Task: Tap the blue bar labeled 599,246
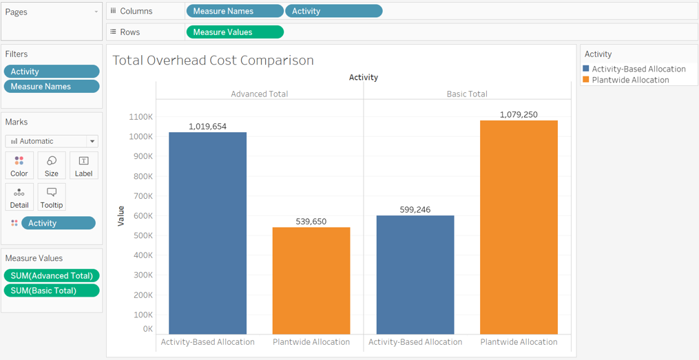coord(415,275)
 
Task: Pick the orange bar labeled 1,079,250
coord(519,227)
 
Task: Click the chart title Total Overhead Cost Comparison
coord(213,61)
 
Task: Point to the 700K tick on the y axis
coord(142,196)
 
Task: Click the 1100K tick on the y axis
coord(140,117)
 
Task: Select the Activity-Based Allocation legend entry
coord(638,69)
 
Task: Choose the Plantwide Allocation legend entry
coord(629,80)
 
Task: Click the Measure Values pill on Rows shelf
coord(235,32)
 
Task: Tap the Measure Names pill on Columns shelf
coord(234,12)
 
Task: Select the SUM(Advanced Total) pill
coord(52,275)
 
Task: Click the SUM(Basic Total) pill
coord(52,290)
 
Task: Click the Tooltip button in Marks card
coord(52,197)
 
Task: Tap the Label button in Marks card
coord(83,165)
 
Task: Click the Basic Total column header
coord(467,94)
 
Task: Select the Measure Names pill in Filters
coord(52,87)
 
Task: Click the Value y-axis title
coord(121,216)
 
